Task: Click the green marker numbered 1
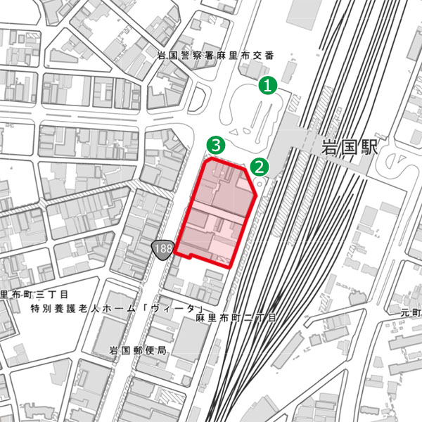point(269,86)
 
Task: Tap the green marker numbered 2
point(260,167)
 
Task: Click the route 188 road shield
point(162,249)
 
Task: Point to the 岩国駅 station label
point(349,148)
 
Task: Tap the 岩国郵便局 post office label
point(137,350)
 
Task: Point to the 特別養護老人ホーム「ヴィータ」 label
point(117,309)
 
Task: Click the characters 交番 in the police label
point(264,55)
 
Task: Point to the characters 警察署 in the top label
point(194,55)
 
